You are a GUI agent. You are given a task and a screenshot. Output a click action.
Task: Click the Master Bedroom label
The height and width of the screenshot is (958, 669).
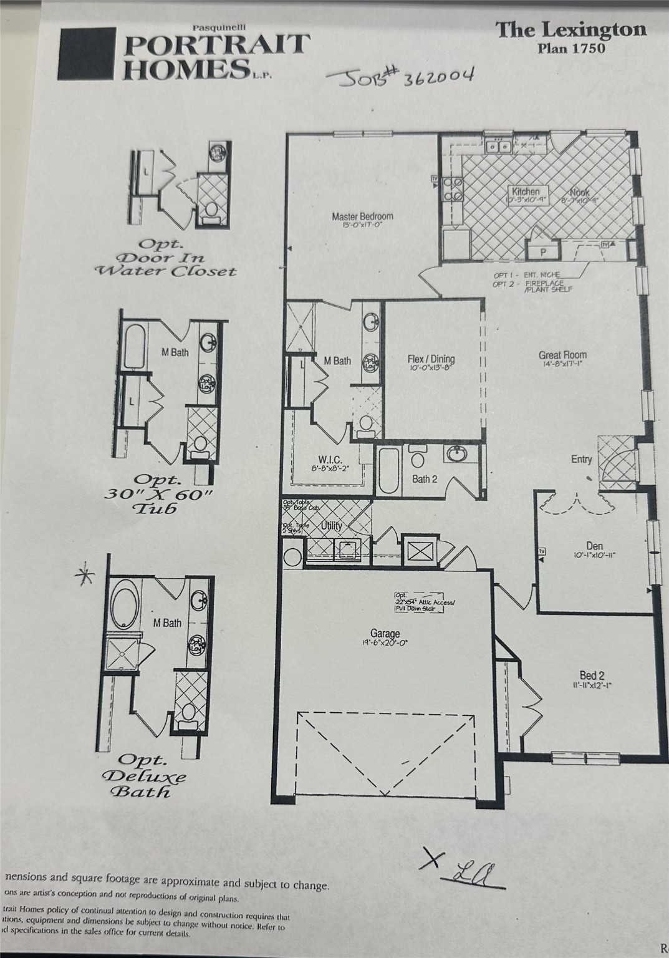362,217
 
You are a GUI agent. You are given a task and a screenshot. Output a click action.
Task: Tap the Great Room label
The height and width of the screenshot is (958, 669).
562,356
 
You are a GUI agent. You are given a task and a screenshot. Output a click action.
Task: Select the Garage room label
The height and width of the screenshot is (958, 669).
385,634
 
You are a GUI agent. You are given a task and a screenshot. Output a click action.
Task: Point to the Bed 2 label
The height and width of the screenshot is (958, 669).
592,675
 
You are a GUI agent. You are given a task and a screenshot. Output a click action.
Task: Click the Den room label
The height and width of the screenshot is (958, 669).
594,546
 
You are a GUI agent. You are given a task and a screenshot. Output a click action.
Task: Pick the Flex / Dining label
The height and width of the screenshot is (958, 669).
431,359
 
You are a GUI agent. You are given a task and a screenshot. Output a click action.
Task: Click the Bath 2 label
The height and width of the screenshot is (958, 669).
425,479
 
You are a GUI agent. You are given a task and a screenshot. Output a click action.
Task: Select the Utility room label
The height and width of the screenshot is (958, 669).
332,526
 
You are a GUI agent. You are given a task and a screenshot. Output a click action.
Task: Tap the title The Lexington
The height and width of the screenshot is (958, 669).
571,30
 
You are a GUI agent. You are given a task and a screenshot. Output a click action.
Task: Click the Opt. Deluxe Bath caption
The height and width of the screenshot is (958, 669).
144,776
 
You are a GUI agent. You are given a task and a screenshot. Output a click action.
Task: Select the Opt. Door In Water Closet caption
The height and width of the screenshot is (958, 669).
165,258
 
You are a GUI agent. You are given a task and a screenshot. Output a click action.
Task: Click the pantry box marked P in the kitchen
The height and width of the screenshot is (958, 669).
542,251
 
